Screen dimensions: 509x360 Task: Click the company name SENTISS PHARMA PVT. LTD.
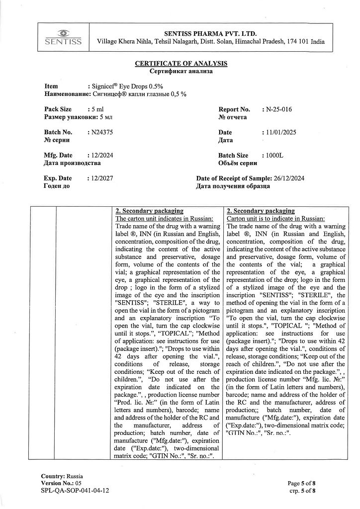tap(211, 31)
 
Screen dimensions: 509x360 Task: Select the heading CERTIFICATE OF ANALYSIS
tap(181, 64)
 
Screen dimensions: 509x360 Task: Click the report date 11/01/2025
tap(282, 132)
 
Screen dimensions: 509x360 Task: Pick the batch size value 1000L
tap(274, 156)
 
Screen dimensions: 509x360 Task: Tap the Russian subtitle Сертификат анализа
tap(181, 71)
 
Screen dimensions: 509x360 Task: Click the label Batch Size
tap(233, 156)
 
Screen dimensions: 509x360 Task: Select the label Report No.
tap(234, 109)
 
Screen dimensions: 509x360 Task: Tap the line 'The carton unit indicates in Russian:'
tap(165, 218)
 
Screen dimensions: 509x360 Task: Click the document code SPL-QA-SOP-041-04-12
tap(75, 490)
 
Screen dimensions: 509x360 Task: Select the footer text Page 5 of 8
tap(301, 483)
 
